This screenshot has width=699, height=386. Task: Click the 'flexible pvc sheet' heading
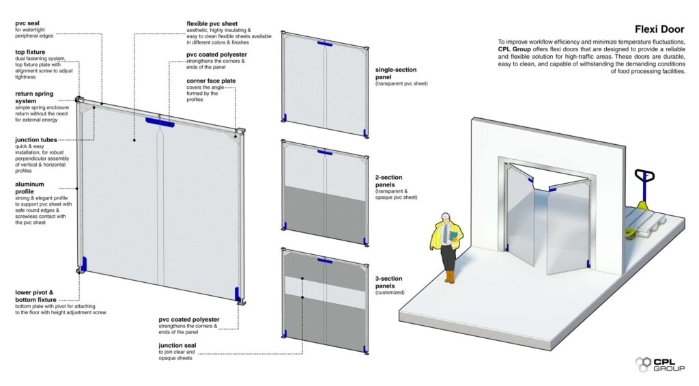[x=215, y=23]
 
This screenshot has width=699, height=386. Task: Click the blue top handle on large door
[x=159, y=122]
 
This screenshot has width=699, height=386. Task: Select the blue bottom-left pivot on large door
[x=85, y=262]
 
